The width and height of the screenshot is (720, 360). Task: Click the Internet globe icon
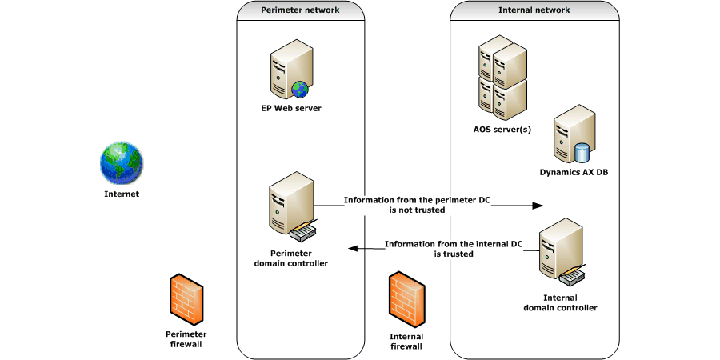[x=122, y=164]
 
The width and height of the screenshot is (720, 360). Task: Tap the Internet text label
[x=122, y=194]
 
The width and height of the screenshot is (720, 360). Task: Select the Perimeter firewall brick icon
[x=186, y=298]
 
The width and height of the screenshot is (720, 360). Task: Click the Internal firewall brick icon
[x=406, y=298]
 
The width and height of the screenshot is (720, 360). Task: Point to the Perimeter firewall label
[x=186, y=338]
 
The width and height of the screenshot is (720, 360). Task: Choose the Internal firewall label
[x=406, y=342]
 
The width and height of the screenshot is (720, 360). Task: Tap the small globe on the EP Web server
[x=300, y=88]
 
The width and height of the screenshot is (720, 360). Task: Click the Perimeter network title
[x=300, y=10]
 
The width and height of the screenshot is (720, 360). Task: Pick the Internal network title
[x=534, y=10]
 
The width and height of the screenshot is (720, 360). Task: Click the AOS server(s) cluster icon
[x=502, y=78]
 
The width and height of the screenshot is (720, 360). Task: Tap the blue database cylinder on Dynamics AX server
[x=582, y=151]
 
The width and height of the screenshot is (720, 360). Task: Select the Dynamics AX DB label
[x=574, y=172]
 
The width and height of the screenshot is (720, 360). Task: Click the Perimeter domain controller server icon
[x=290, y=206]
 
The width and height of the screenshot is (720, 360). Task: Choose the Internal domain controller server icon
[x=561, y=252]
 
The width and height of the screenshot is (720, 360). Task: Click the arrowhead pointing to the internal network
[x=537, y=206]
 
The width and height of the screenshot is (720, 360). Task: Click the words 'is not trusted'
[x=416, y=210]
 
